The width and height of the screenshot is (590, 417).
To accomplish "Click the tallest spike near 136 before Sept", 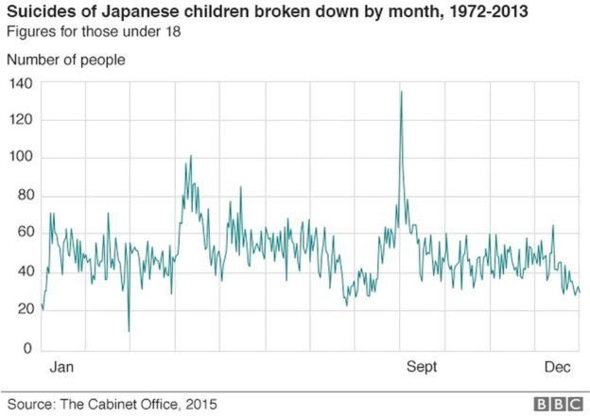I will [401, 92].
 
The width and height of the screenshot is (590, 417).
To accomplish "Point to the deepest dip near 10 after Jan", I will [129, 330].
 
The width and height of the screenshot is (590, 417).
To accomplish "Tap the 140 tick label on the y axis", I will [21, 83].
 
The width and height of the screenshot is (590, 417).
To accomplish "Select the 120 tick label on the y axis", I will [21, 121].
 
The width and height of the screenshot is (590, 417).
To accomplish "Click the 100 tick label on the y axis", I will [21, 159].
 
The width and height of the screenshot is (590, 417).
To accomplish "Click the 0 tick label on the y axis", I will [28, 349].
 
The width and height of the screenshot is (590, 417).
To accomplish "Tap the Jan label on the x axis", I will [61, 367].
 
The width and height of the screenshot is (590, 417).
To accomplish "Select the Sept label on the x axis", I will [422, 367].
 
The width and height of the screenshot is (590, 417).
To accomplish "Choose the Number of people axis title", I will [65, 60].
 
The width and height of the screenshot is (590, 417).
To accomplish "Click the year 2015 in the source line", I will [200, 404].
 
